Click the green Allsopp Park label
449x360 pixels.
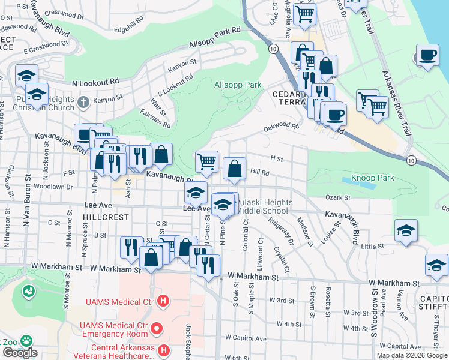[238, 85]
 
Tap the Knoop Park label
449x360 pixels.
[381, 178]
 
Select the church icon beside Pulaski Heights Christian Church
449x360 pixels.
[83, 102]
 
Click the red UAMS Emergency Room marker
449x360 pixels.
[157, 328]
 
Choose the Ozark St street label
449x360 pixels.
[338, 197]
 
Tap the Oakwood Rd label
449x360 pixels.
[281, 127]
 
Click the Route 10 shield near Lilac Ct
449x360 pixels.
[273, 49]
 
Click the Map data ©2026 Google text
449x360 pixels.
[411, 355]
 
